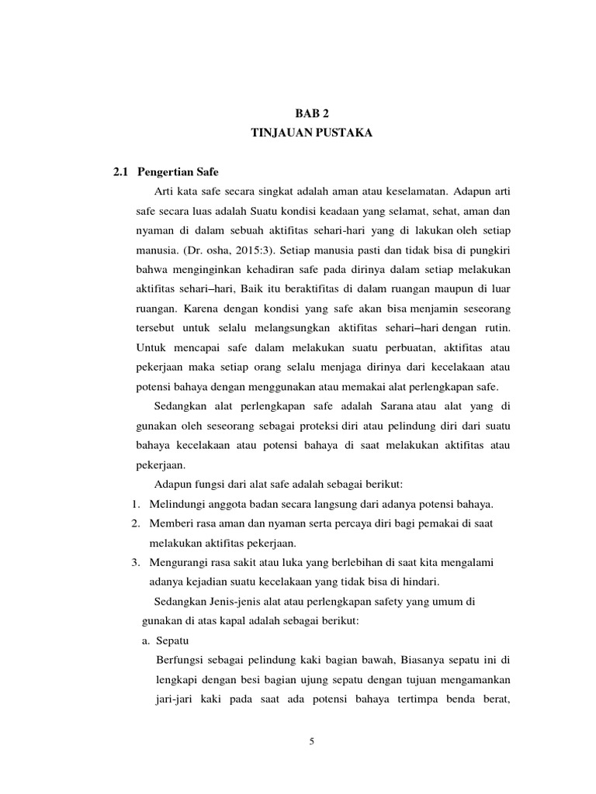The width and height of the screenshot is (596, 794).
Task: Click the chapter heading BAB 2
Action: click(x=312, y=112)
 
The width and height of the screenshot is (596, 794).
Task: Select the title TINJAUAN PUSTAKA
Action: click(x=312, y=133)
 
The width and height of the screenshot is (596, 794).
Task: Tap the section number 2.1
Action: click(x=122, y=172)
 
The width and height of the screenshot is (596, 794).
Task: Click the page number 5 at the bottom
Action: click(x=312, y=741)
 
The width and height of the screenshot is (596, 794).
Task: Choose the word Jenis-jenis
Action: click(x=231, y=602)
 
